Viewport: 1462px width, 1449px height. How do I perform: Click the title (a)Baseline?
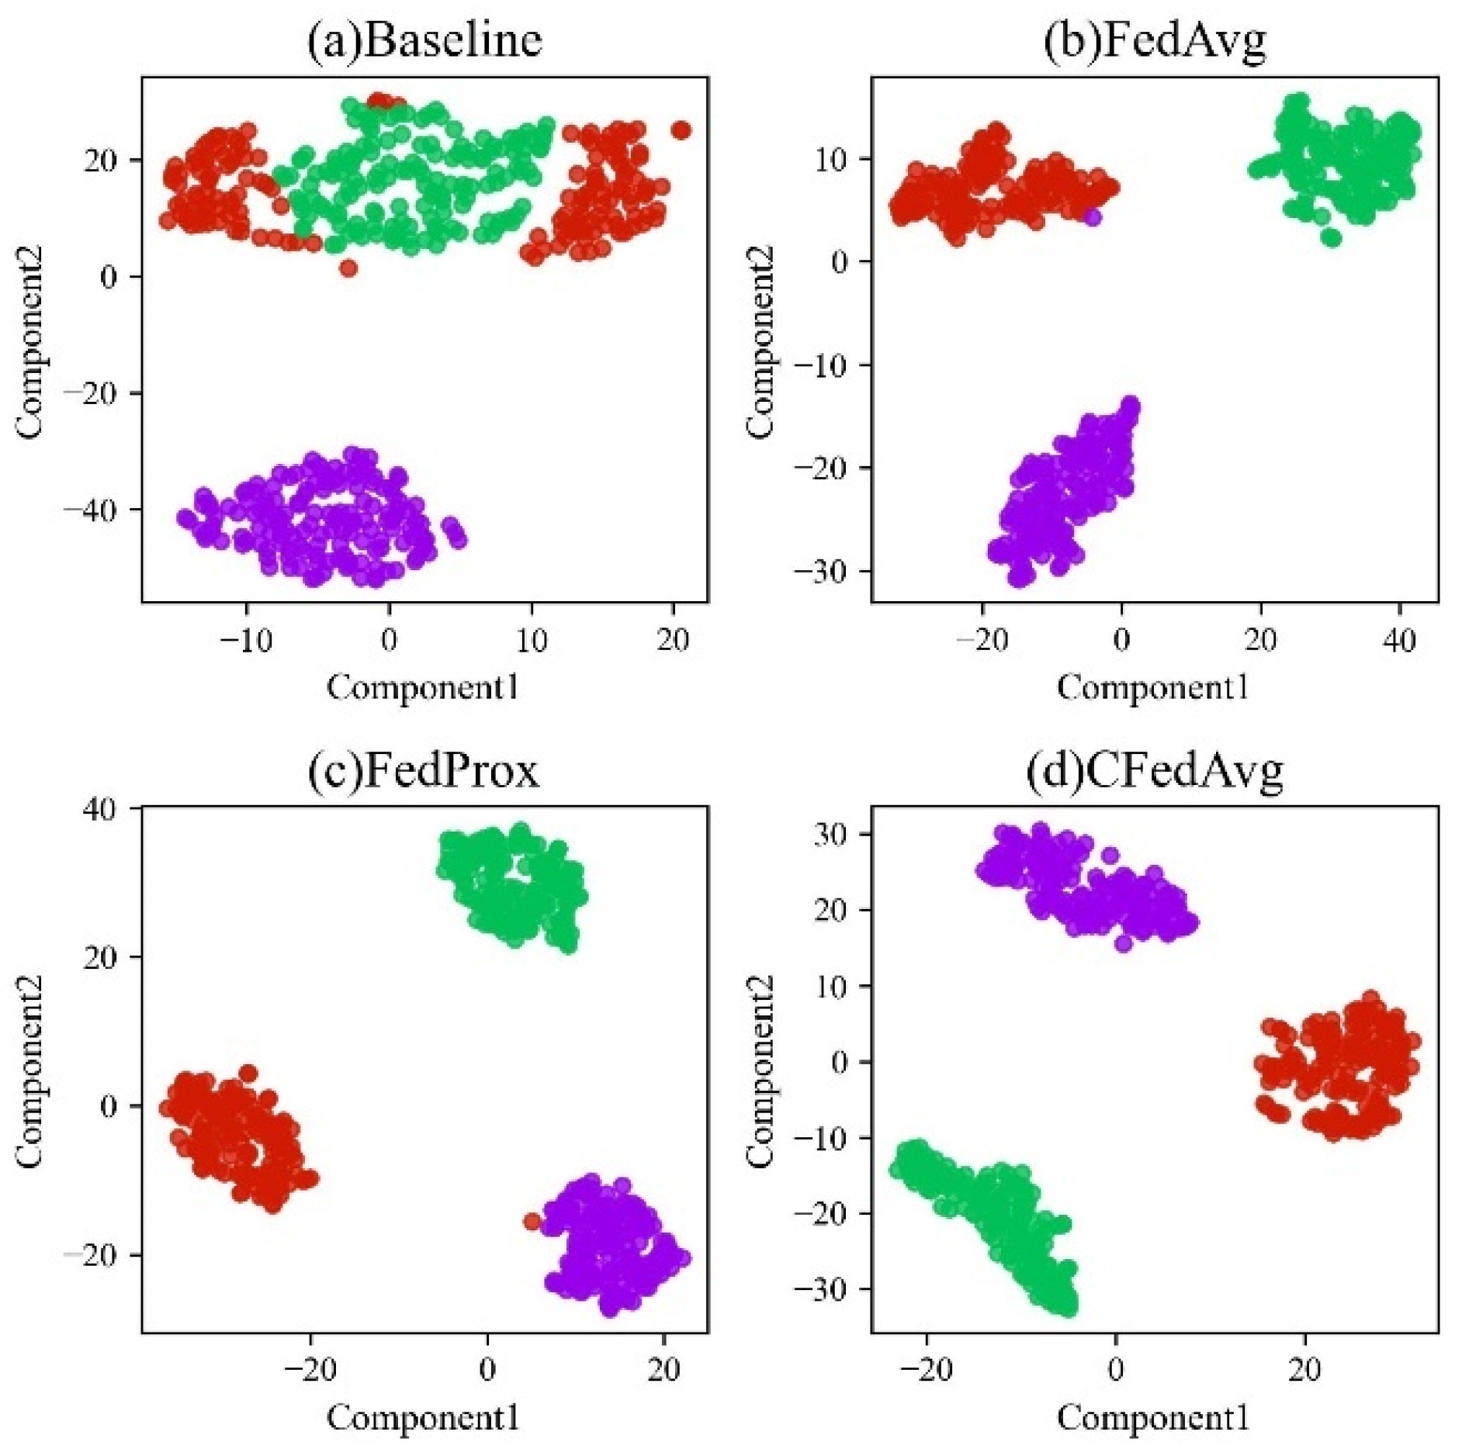tap(424, 40)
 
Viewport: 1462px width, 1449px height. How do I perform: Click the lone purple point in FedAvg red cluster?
tap(1093, 218)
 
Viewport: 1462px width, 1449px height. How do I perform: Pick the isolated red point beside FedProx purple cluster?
tap(532, 1222)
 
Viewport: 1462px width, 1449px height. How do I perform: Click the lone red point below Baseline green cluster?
tap(348, 268)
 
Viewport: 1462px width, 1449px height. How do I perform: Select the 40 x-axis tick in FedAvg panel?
tap(1399, 641)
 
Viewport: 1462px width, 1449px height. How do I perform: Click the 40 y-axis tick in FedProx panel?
tap(98, 809)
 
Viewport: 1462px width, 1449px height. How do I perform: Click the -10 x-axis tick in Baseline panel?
tap(246, 641)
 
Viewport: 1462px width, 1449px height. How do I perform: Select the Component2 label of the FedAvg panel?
tap(760, 341)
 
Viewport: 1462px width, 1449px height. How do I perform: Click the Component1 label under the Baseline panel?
tap(423, 687)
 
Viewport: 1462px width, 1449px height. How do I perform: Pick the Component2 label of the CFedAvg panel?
tap(760, 1070)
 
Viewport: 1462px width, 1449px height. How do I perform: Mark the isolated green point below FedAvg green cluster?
tap(1331, 238)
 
